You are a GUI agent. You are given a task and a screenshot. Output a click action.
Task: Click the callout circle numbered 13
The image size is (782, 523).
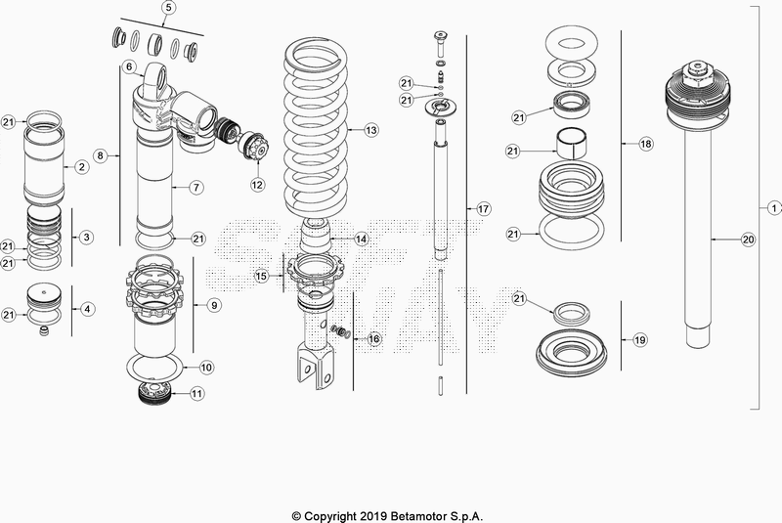coord(370,129)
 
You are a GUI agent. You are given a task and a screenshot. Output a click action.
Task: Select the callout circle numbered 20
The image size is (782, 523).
coord(749,239)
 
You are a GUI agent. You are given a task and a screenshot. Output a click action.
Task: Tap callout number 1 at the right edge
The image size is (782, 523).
coord(774,208)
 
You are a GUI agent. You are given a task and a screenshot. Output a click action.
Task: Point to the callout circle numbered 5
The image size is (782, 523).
coord(168,8)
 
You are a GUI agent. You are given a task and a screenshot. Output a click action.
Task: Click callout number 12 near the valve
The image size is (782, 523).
coord(257,183)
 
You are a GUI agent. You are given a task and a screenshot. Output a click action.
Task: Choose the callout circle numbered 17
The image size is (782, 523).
coord(483,209)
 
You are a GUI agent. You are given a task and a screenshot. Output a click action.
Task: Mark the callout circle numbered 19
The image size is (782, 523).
coord(639,340)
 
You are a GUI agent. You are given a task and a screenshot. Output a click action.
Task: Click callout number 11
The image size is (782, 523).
coord(197,394)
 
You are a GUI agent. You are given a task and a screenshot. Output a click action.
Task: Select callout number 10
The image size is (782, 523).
coord(206,368)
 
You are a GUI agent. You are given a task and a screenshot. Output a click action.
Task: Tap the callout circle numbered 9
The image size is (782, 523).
coord(214,305)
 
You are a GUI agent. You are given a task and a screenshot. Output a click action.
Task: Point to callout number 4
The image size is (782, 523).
coord(87,309)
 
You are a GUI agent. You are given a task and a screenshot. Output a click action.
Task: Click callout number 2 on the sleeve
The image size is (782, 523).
coord(82,167)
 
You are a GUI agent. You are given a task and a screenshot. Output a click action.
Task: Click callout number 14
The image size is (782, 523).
coord(361,239)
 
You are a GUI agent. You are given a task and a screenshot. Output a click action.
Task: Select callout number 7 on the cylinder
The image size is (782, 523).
coord(195,186)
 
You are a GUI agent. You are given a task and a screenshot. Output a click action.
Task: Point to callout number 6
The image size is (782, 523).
coord(128,66)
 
